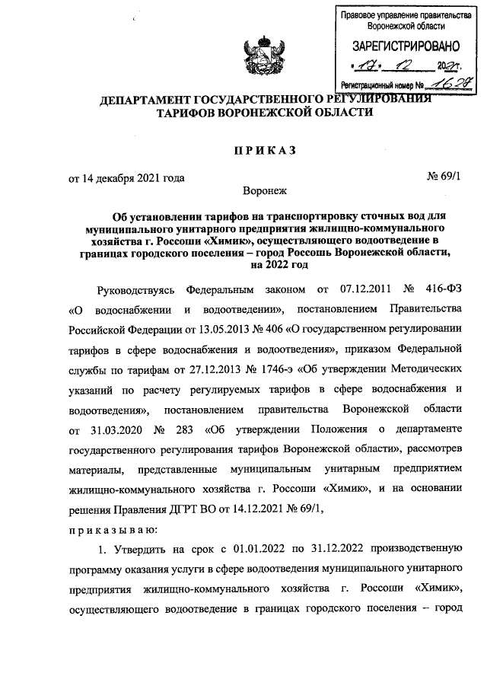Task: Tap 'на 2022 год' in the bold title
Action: (275, 266)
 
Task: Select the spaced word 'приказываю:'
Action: (113, 528)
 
